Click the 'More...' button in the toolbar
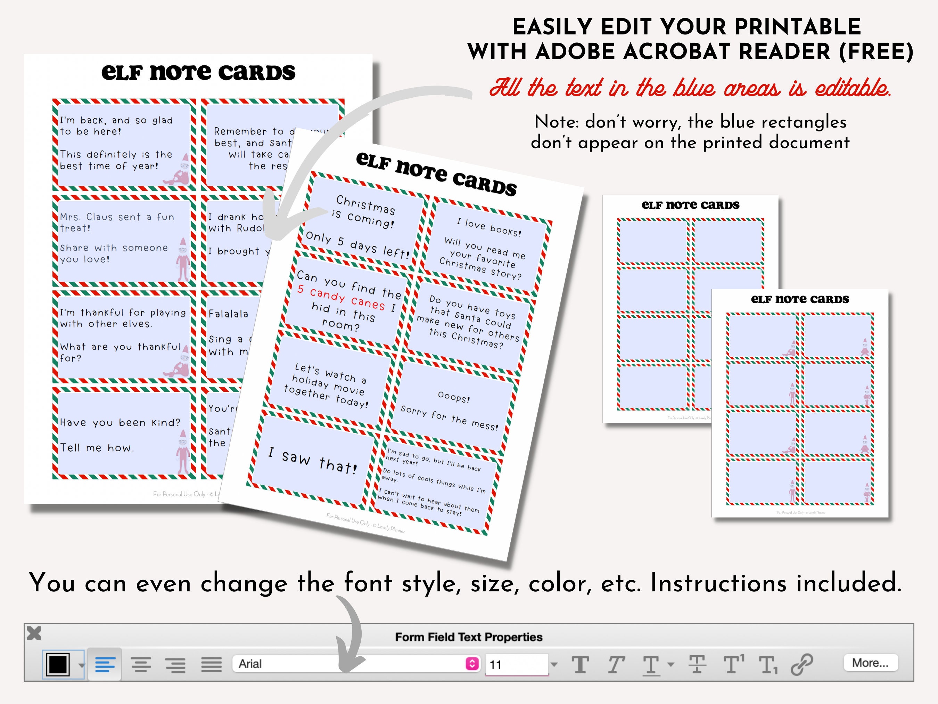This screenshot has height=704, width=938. click(x=870, y=663)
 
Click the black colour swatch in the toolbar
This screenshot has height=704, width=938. click(x=58, y=664)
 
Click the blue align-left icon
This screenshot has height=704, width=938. click(x=105, y=664)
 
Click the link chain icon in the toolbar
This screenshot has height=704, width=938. click(x=801, y=664)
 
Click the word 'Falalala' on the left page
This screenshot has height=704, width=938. click(x=228, y=314)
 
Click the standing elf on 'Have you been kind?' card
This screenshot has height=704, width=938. click(x=183, y=452)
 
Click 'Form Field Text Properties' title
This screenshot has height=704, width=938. click(x=469, y=637)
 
